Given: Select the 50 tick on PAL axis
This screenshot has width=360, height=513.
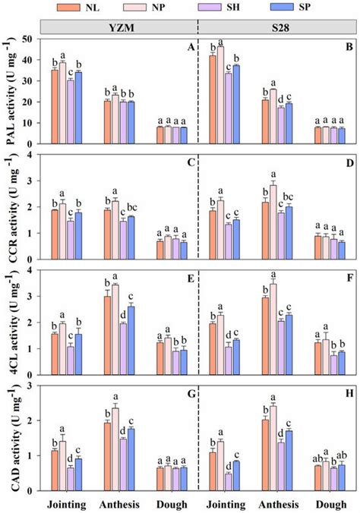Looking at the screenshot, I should pos(33,39).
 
